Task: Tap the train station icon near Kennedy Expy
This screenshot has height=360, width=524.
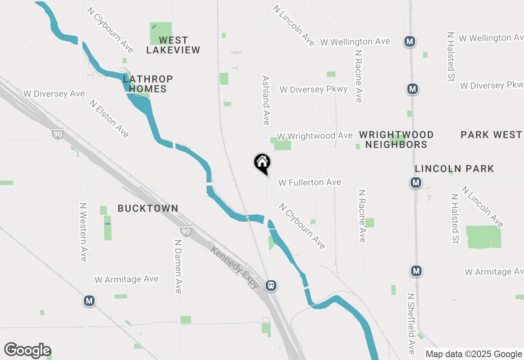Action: [x=271, y=286]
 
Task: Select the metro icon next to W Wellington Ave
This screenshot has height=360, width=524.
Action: [x=410, y=41]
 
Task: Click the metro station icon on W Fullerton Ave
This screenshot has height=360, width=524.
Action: [x=416, y=182]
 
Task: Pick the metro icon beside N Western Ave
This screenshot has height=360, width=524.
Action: [x=89, y=301]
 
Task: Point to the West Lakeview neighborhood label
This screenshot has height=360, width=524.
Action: [x=173, y=45]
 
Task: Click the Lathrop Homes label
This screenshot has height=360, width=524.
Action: [x=148, y=84]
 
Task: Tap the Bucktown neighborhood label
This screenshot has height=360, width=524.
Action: [x=148, y=208]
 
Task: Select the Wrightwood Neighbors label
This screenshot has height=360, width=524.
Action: [x=396, y=139]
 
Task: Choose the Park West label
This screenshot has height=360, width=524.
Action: [x=491, y=135]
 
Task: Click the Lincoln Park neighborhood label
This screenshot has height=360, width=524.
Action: [x=454, y=169]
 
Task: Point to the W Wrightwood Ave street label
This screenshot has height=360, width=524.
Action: [x=315, y=136]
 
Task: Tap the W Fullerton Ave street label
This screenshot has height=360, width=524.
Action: [x=310, y=182]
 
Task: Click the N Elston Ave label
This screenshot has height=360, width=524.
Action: [x=109, y=119]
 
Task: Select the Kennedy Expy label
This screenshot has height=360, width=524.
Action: [x=235, y=267]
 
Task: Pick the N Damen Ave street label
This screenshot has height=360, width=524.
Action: [x=178, y=266]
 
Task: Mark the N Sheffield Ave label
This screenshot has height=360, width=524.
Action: [x=411, y=323]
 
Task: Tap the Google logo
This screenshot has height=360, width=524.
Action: [x=27, y=350]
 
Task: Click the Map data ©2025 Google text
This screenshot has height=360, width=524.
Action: [x=474, y=354]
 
